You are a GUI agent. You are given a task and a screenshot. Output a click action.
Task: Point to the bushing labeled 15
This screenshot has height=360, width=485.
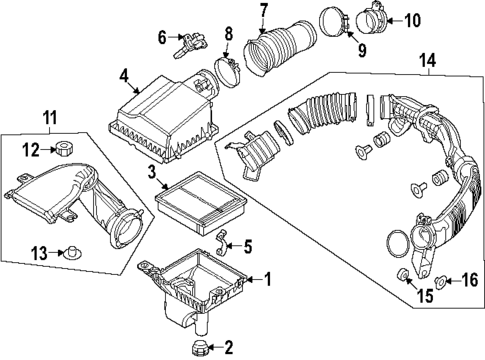(x=404, y=274)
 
